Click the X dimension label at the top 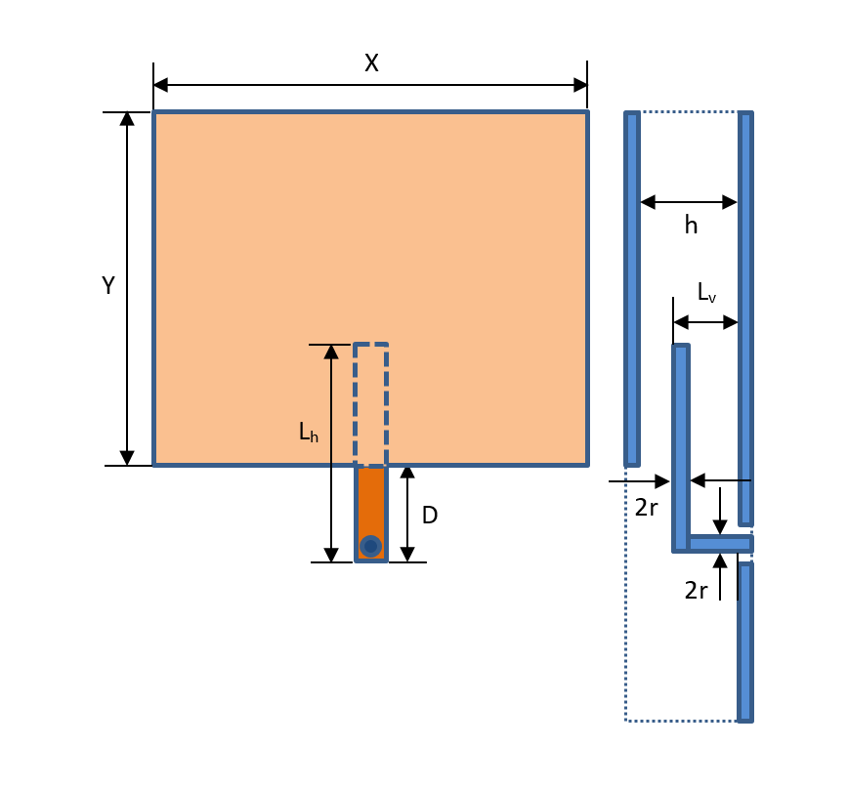tap(371, 63)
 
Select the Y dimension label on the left tap(108, 286)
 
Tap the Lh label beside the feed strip tap(308, 432)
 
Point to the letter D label tap(429, 515)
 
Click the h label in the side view tap(691, 226)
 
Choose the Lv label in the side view tap(705, 292)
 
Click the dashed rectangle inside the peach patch tap(371, 404)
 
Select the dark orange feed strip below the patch tap(371, 498)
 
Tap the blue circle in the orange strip tap(370, 546)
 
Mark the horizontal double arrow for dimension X tap(370, 85)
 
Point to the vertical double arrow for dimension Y tap(127, 289)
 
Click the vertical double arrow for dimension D tap(407, 514)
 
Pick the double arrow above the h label tap(689, 202)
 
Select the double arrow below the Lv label tap(705, 322)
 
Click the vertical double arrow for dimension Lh tap(331, 454)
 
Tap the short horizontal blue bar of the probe tap(719, 544)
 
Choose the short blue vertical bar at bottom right tap(745, 642)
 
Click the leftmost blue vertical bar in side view tap(632, 289)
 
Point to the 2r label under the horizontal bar tap(696, 591)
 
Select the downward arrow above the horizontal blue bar tap(720, 511)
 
